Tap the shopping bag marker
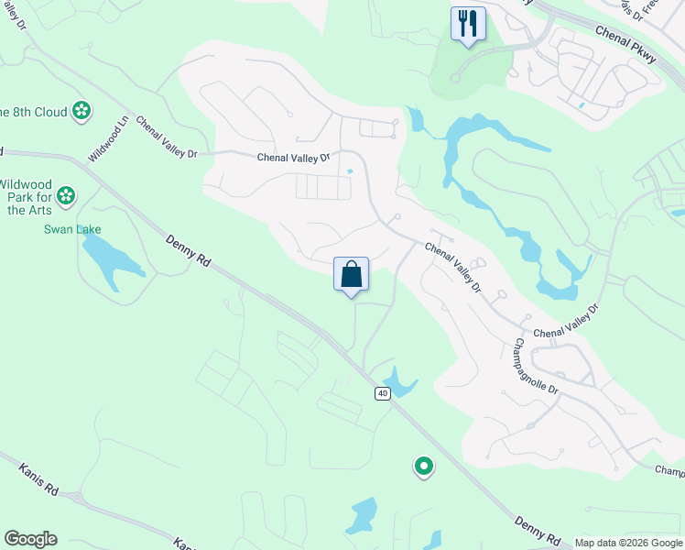coord(351,274)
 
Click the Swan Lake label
coord(72,229)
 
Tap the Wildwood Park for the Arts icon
coord(65,195)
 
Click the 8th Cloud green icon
coord(82,111)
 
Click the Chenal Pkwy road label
coord(626,43)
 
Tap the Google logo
coord(30,539)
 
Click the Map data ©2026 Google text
coord(628,543)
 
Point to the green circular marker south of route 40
coord(423,467)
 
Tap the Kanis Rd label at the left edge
coord(38,480)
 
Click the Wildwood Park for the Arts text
coord(27,196)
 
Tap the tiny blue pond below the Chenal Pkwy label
coord(582,105)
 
